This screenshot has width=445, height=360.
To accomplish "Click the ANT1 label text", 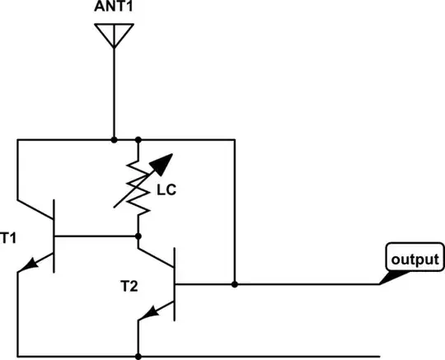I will click(112, 8).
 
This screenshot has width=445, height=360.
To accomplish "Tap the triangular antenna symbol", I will click(112, 35).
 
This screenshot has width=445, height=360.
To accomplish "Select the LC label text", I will click(166, 190).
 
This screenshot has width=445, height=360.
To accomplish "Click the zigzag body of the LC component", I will click(138, 185).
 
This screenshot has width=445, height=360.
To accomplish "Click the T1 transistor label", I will click(8, 239).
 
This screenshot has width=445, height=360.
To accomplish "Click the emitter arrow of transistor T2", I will click(149, 312).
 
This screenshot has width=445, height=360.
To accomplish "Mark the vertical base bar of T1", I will click(54, 236).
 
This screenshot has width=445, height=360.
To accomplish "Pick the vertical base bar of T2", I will click(176, 284).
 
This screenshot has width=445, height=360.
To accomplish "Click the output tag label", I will click(415, 259).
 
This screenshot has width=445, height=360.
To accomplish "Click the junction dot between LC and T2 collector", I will click(138, 236).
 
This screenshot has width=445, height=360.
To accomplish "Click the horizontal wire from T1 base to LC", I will click(95, 236).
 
